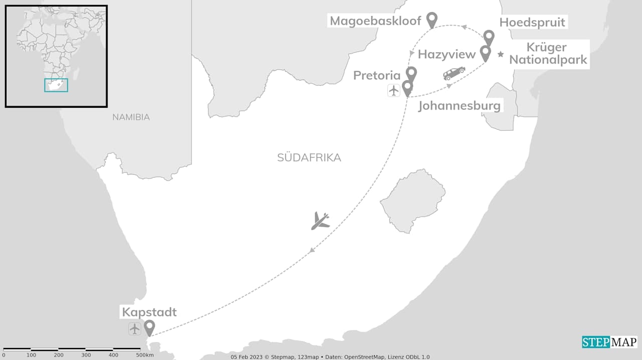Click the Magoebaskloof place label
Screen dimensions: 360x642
click(x=375, y=21)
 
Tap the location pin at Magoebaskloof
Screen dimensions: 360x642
click(x=432, y=19)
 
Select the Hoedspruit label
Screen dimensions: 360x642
click(x=532, y=23)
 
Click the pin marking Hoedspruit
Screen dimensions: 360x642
click(x=489, y=37)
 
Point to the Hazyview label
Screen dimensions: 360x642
click(x=446, y=54)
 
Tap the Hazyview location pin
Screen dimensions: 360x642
click(x=485, y=52)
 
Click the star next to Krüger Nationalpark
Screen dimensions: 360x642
click(x=501, y=54)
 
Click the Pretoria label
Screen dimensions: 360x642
click(x=377, y=76)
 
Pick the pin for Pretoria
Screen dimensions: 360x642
click(x=411, y=74)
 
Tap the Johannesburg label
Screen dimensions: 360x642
click(x=459, y=106)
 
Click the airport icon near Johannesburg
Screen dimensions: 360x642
click(x=394, y=90)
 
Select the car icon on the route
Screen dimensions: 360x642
click(x=454, y=73)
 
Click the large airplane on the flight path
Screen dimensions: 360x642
click(x=320, y=221)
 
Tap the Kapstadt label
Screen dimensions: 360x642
click(x=149, y=312)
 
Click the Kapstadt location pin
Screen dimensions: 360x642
click(x=149, y=327)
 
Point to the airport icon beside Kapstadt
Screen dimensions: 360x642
click(x=134, y=329)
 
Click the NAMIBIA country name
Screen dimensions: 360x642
click(x=131, y=117)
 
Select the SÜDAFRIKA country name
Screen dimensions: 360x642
click(x=309, y=158)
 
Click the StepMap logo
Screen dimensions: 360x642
click(x=609, y=342)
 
